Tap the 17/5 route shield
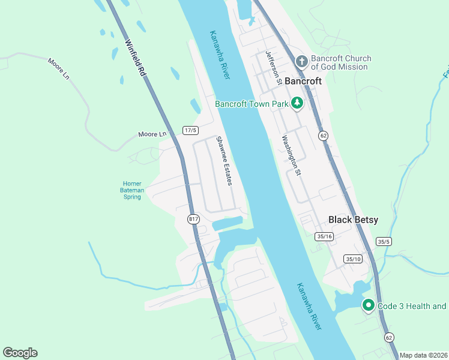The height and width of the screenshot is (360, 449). click(x=190, y=130)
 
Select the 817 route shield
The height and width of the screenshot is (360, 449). click(x=193, y=219)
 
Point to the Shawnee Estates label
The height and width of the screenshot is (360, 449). click(x=224, y=161)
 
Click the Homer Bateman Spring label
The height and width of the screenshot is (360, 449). click(x=132, y=190)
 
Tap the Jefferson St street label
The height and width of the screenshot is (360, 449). click(x=274, y=71)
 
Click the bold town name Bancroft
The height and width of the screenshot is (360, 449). click(x=304, y=80)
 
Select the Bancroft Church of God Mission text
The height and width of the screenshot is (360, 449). click(x=340, y=62)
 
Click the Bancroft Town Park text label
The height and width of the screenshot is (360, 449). click(x=252, y=104)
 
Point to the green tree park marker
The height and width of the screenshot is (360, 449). click(x=297, y=103)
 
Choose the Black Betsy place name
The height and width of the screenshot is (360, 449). click(x=354, y=220)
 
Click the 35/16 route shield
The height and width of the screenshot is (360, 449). click(x=324, y=236)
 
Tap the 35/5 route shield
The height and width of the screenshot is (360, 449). click(x=384, y=241)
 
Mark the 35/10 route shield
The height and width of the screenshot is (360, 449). click(x=354, y=259)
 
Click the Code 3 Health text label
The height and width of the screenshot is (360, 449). click(x=412, y=306)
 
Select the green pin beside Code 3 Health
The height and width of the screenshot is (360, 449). click(x=368, y=305)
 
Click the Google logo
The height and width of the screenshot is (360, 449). click(x=20, y=353)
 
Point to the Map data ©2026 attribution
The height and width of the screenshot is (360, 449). click(x=423, y=355)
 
